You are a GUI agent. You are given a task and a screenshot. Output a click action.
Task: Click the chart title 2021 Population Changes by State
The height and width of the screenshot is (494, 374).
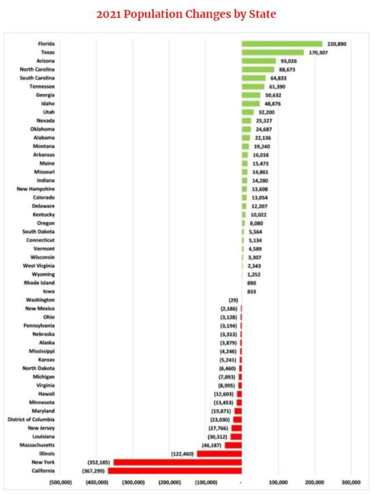[187, 14]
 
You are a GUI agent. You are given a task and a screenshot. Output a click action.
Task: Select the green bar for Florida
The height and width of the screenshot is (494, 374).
[282, 44]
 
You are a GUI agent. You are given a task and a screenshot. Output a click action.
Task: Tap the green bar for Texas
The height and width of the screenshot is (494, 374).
[273, 52]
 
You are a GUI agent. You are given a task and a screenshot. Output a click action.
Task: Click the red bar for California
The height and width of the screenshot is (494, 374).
[177, 471]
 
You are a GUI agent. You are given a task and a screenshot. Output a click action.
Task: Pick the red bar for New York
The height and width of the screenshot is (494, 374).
[179, 462]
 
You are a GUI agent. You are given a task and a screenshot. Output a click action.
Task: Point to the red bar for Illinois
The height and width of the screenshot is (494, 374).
[219, 454]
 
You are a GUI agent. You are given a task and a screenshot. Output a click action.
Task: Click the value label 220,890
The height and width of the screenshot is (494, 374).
[337, 44]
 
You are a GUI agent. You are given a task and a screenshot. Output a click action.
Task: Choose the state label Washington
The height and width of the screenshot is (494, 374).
[41, 300]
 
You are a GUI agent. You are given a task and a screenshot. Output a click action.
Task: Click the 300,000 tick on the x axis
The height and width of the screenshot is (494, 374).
[350, 482]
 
